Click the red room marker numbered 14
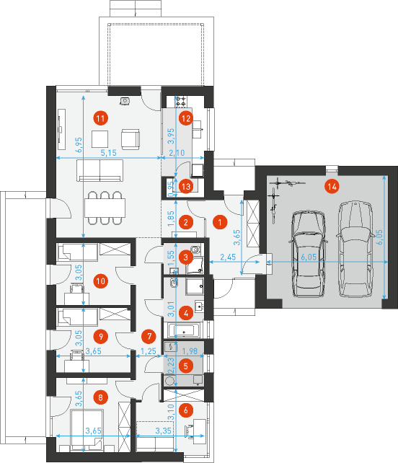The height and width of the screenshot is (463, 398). (x=332, y=187)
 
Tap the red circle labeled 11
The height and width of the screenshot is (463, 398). (x=100, y=118)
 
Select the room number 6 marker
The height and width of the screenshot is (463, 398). (x=186, y=410)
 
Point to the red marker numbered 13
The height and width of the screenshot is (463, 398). (x=186, y=187)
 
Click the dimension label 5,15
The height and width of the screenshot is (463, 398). (x=108, y=153)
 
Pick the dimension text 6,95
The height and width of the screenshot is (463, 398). (x=79, y=145)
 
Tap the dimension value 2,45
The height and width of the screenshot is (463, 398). (x=228, y=257)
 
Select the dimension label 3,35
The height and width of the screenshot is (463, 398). (x=163, y=431)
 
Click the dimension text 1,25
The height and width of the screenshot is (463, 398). (x=149, y=351)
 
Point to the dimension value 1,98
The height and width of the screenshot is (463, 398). (x=190, y=350)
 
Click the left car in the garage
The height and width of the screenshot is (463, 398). (x=309, y=254)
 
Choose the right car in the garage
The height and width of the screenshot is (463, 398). (x=354, y=249)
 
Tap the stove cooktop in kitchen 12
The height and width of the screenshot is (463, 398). (x=181, y=101)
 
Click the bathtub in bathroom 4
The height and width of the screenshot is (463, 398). (x=184, y=330)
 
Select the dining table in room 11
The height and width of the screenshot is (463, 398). (x=105, y=208)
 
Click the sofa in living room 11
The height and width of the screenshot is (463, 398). (x=99, y=170)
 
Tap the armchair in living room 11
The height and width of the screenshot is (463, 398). (x=131, y=138)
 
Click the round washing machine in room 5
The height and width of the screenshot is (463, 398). (x=169, y=381)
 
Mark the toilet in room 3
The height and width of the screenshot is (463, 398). (x=195, y=250)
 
